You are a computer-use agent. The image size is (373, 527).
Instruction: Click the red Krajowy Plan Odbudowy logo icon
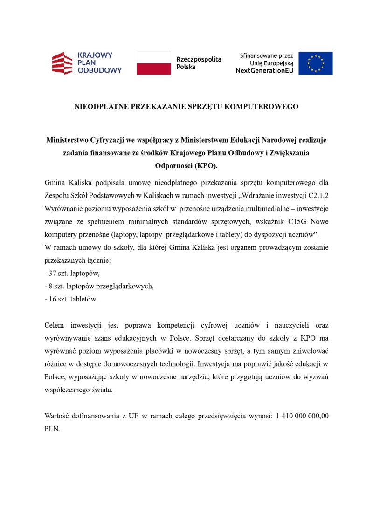[62, 63]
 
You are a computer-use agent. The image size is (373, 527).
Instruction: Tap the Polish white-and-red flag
[154, 63]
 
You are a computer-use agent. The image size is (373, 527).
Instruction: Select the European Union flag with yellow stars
[316, 63]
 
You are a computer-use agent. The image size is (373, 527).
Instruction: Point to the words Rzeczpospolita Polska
[199, 63]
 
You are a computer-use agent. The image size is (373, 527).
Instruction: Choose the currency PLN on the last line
[52, 429]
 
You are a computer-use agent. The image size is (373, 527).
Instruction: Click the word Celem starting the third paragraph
[54, 325]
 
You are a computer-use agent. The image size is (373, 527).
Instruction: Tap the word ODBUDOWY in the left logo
[99, 70]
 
